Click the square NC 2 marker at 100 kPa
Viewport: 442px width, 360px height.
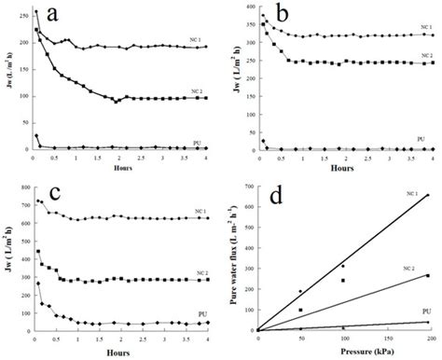point(343,280)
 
